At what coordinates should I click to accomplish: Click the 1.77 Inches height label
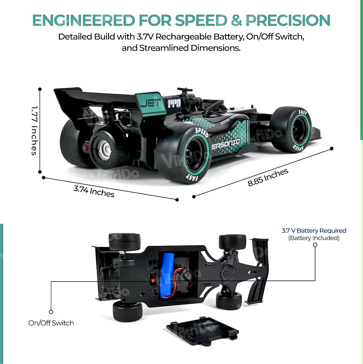click(34, 130)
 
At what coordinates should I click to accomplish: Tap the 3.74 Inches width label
click(94, 191)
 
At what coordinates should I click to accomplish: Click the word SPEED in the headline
click(201, 21)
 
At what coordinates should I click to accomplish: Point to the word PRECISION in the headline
click(288, 21)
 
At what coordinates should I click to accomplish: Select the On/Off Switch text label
click(51, 323)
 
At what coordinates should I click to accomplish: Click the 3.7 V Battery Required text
click(314, 231)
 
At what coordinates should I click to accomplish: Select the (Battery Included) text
click(314, 238)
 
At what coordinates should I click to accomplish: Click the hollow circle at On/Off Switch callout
click(51, 312)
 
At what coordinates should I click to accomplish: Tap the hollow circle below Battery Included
click(315, 245)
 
